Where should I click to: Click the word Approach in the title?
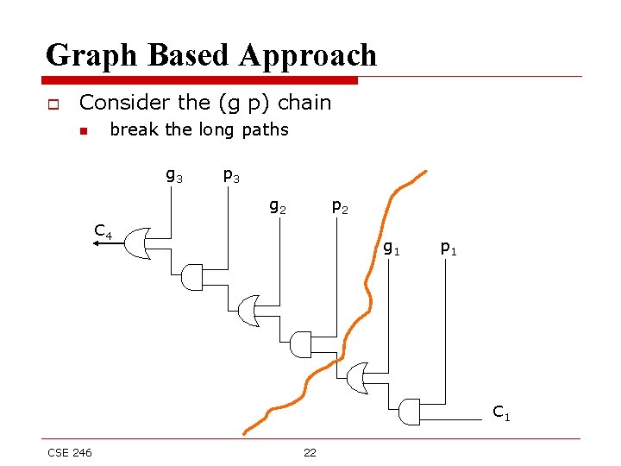pyautogui.click(x=309, y=55)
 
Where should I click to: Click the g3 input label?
pyautogui.click(x=173, y=176)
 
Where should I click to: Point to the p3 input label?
pyautogui.click(x=231, y=176)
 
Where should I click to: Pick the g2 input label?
pyautogui.click(x=278, y=207)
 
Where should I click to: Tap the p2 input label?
pyautogui.click(x=341, y=207)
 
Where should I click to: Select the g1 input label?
pyautogui.click(x=391, y=249)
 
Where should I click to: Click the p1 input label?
pyautogui.click(x=448, y=249)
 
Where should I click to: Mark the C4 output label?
pyautogui.click(x=103, y=231)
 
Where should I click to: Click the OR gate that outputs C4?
pyautogui.click(x=141, y=244)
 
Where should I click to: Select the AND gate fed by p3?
pyautogui.click(x=193, y=277)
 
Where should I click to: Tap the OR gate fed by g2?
pyautogui.click(x=248, y=311)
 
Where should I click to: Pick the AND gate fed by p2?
pyautogui.click(x=301, y=344)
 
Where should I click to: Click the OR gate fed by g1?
pyautogui.click(x=356, y=377)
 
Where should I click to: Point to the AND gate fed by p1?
pyautogui.click(x=409, y=412)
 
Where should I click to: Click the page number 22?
pyautogui.click(x=310, y=453)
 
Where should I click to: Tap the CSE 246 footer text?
pyautogui.click(x=70, y=453)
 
